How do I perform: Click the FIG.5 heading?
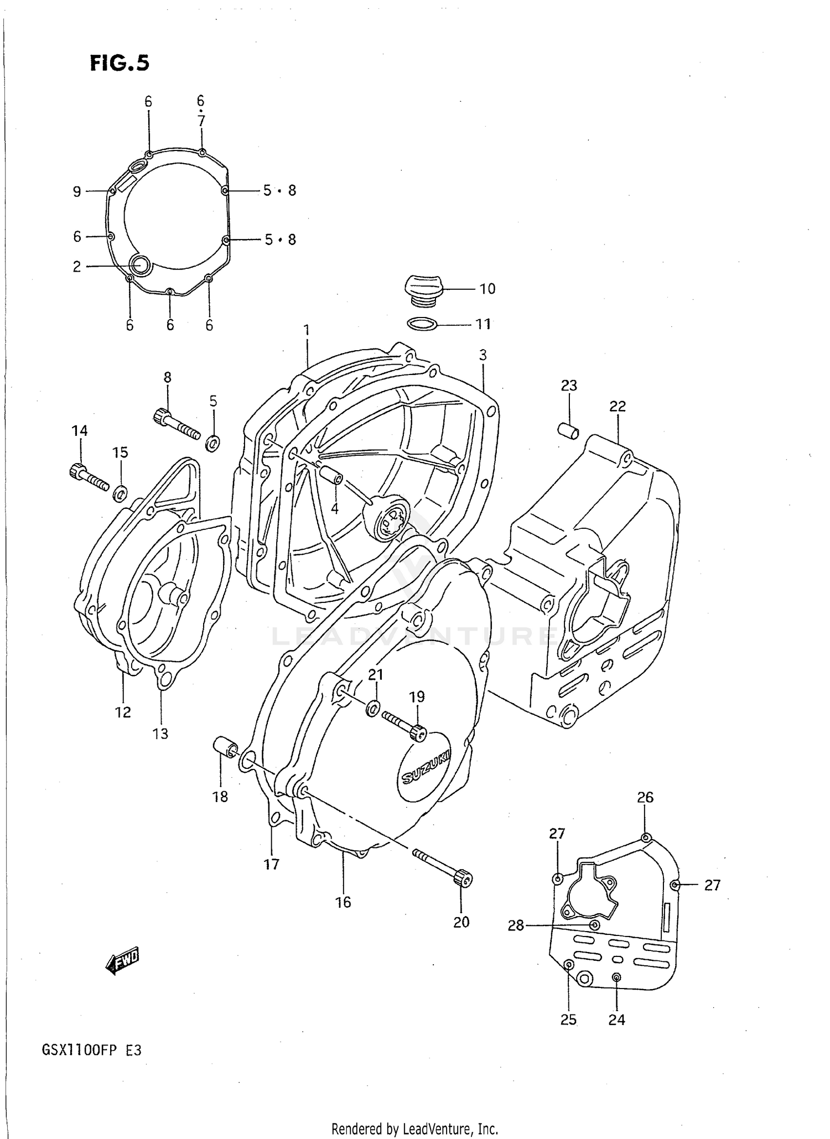click(x=120, y=63)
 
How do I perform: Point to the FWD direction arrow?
click(x=122, y=964)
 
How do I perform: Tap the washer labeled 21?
click(x=373, y=708)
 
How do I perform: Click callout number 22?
click(x=618, y=406)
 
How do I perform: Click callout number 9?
click(x=77, y=191)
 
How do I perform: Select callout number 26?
click(x=645, y=797)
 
